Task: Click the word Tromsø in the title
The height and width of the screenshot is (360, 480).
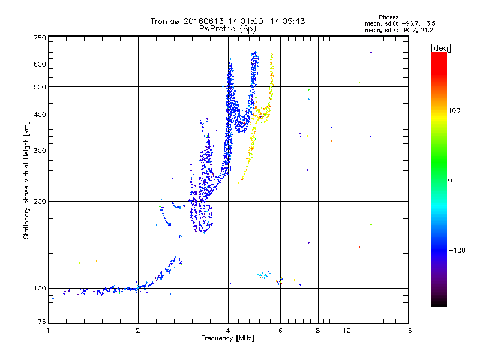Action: click(164, 21)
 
